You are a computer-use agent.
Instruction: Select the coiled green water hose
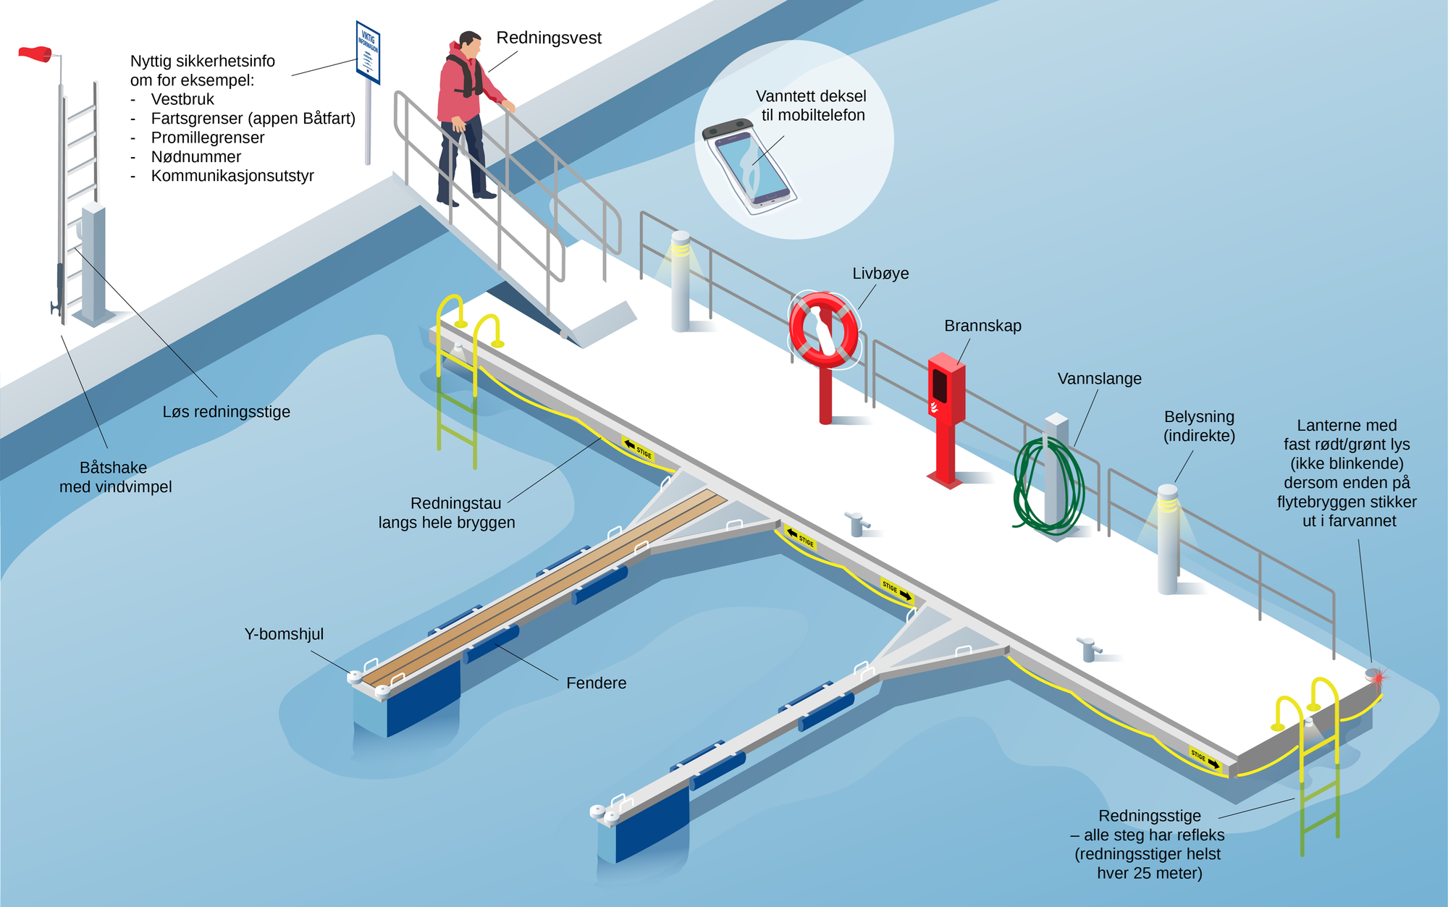point(1048,485)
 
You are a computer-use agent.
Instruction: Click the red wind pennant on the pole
point(35,54)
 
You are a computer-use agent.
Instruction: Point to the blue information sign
point(368,52)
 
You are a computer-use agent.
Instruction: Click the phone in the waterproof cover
point(750,166)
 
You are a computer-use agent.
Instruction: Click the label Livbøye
point(880,274)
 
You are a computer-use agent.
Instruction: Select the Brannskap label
point(982,326)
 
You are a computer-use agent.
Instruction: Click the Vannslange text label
point(1099,379)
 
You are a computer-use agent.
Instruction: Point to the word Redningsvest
point(549,38)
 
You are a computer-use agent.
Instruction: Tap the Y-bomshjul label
point(284,634)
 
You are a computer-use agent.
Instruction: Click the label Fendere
point(596,683)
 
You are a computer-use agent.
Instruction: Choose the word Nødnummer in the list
point(195,157)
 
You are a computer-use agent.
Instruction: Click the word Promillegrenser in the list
point(207,138)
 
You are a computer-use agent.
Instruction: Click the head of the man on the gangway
point(470,43)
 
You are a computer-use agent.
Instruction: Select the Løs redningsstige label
point(226,412)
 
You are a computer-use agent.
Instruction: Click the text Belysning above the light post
point(1199,417)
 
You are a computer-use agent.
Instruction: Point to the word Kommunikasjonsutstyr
point(232,176)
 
